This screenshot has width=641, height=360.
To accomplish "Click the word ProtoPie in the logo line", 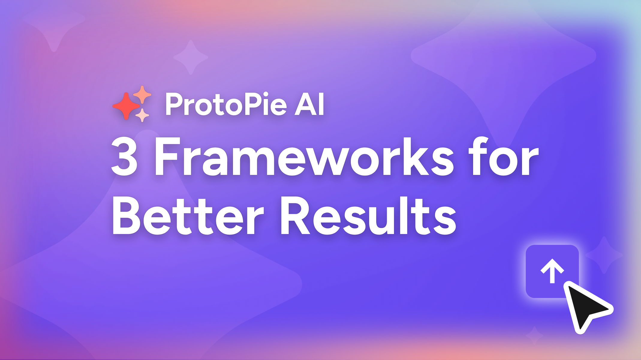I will point(226,104).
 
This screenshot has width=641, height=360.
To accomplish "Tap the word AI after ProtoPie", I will point(309,104).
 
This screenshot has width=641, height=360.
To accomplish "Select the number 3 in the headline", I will point(124,157).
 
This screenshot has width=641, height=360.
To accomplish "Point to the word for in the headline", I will point(503,157).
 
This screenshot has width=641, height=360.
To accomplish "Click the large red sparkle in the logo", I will point(126,106).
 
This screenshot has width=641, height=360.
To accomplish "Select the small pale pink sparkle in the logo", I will point(142,115).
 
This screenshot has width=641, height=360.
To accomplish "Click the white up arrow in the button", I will point(552,271).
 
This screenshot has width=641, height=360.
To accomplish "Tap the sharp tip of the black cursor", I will point(568,285).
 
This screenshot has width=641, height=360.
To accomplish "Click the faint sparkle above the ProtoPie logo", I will point(190,57).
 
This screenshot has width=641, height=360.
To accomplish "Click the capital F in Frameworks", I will point(163,157).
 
